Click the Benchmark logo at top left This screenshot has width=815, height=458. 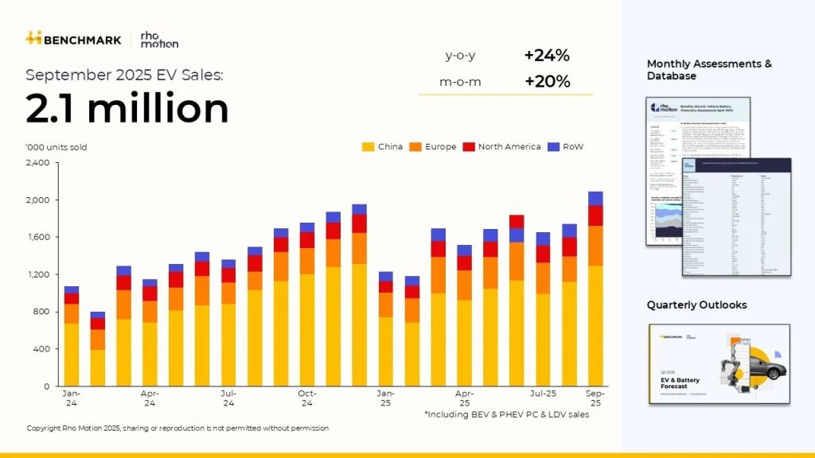point(73,38)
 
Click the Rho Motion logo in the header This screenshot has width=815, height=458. point(158,39)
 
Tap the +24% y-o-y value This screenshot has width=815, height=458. point(547,56)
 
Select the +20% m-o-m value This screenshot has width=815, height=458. point(547,81)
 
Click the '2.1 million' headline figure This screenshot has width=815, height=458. point(127,108)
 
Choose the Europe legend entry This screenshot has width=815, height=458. point(438,147)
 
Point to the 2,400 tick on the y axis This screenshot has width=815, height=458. point(38,163)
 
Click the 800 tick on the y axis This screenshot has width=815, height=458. point(41,312)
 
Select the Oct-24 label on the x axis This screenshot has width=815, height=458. point(307,398)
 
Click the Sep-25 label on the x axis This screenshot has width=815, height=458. point(595,398)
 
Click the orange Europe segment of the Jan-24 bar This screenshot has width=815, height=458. point(72,314)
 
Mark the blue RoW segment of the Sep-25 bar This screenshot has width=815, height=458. point(595,198)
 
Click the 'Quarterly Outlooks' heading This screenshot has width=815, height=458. point(696,305)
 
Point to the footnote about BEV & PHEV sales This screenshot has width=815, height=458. point(506,414)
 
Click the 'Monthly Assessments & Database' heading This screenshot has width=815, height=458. point(708,70)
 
